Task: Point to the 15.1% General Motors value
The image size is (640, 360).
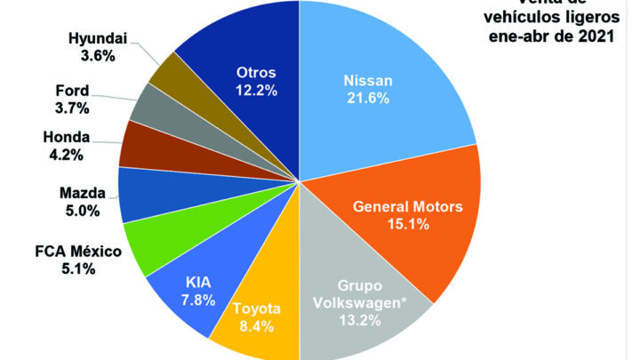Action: [408, 225]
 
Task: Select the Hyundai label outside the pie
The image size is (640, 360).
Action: [98, 39]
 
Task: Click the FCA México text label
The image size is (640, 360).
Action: [71, 252]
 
